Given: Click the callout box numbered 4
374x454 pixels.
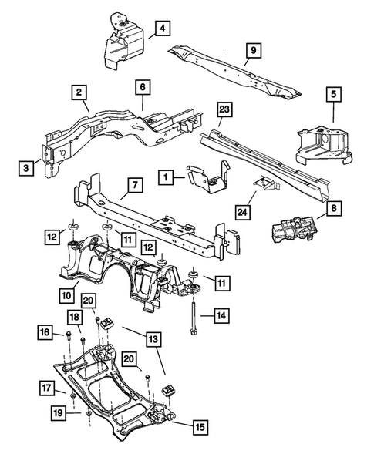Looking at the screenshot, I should [161, 30].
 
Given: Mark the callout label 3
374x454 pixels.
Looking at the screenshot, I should [27, 166].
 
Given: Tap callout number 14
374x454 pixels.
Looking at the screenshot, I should [221, 314].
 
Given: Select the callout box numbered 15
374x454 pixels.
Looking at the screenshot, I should [200, 425].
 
